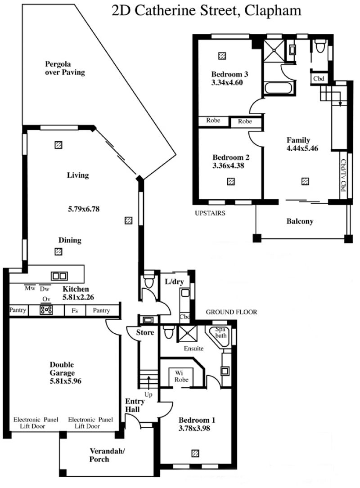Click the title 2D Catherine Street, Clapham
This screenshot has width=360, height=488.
[x=206, y=11]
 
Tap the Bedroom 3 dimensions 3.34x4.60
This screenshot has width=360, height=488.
[x=227, y=82]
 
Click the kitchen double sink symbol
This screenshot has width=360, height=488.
[x=59, y=276]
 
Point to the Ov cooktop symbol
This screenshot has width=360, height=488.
[x=46, y=310]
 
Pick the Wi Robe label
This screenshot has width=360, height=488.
[x=181, y=376]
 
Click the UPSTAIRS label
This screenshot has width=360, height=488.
[x=210, y=213]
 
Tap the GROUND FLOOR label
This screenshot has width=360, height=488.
[x=231, y=312]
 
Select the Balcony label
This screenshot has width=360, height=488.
[x=300, y=221]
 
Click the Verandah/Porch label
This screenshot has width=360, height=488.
[x=107, y=455]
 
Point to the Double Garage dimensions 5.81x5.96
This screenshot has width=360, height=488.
[x=65, y=381]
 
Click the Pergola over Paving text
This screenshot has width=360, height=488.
[x=65, y=68]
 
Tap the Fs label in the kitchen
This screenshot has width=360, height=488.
[x=75, y=310]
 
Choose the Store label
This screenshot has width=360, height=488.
[x=145, y=332]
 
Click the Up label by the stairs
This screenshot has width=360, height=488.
[x=148, y=394]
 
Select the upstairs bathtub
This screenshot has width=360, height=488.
[x=278, y=88]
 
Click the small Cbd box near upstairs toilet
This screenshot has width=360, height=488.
[x=319, y=78]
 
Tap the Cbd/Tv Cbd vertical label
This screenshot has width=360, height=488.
[x=343, y=175]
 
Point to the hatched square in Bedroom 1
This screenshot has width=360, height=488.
[x=195, y=453]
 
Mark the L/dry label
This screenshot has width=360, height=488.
[x=174, y=282]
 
